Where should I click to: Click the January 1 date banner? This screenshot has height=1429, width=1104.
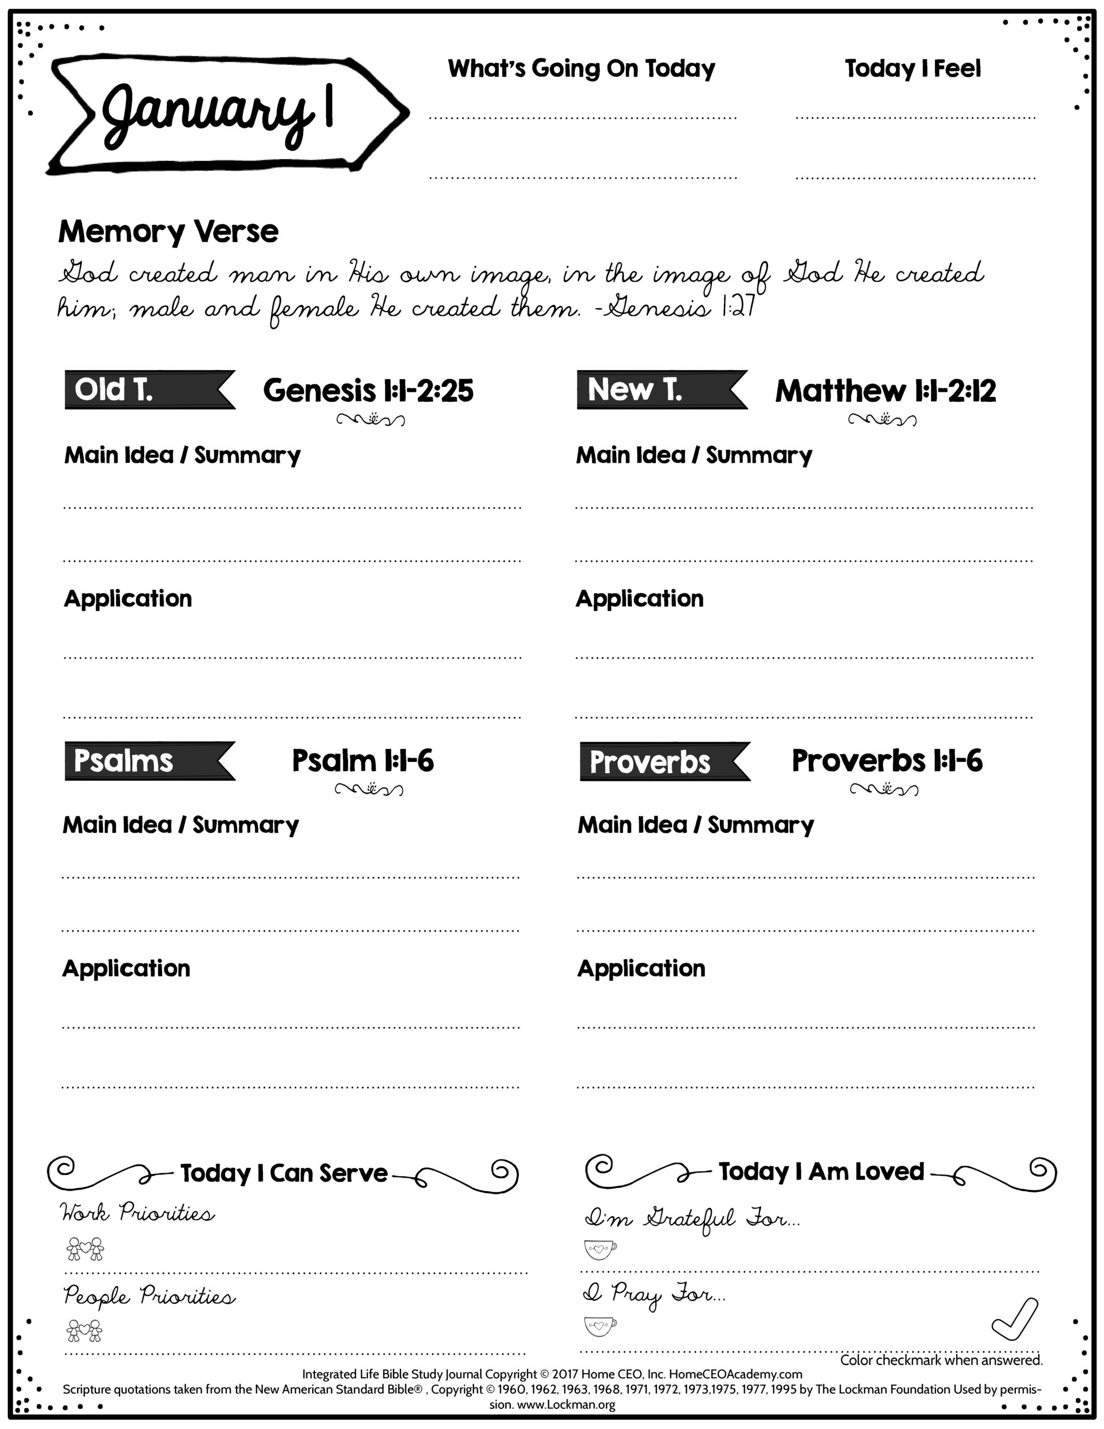(x=223, y=113)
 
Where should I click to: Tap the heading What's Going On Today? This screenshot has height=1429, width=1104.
(x=581, y=68)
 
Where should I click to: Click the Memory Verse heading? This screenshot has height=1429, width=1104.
(x=168, y=232)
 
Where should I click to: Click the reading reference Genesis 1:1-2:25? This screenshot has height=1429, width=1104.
(x=368, y=391)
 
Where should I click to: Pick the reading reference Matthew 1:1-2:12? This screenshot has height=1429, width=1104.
(x=885, y=391)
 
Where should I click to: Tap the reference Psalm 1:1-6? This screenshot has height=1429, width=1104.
(x=363, y=761)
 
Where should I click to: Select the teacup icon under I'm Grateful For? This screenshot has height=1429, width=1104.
(x=599, y=1249)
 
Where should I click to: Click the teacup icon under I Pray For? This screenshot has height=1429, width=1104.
(x=599, y=1326)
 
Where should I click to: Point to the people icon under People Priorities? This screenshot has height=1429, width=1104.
(x=85, y=1330)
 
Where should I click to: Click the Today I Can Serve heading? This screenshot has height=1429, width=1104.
(x=284, y=1173)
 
